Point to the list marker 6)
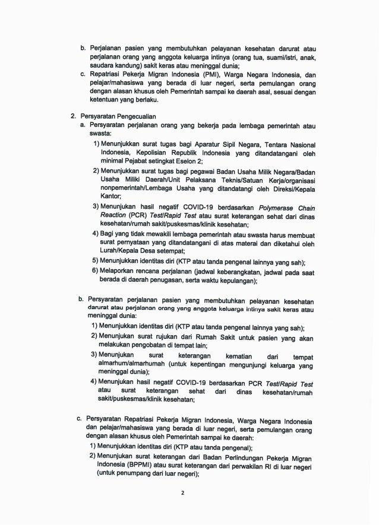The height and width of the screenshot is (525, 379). [95, 271]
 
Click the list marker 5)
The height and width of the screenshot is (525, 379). [95, 260]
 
